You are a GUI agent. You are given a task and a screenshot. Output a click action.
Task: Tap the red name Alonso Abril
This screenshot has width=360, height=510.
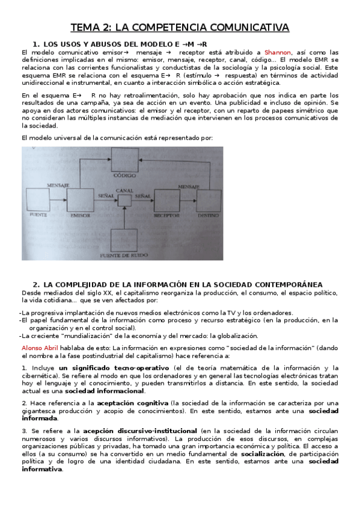pyautogui.click(x=40, y=348)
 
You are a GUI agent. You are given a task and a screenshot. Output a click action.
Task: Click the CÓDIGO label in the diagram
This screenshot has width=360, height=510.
pyautogui.click(x=124, y=176)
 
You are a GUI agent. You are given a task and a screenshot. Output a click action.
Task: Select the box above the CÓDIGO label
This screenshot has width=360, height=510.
pyautogui.click(x=125, y=161)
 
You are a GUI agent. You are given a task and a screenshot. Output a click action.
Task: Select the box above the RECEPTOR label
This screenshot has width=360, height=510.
pyautogui.click(x=166, y=198)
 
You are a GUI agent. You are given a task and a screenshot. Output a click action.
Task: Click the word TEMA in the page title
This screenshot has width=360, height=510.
pyautogui.click(x=85, y=28)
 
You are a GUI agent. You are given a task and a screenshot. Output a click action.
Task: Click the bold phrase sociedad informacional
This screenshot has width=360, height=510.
pyautogui.click(x=114, y=390)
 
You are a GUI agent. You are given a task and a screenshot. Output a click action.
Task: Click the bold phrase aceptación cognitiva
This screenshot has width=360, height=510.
pyautogui.click(x=133, y=403)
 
